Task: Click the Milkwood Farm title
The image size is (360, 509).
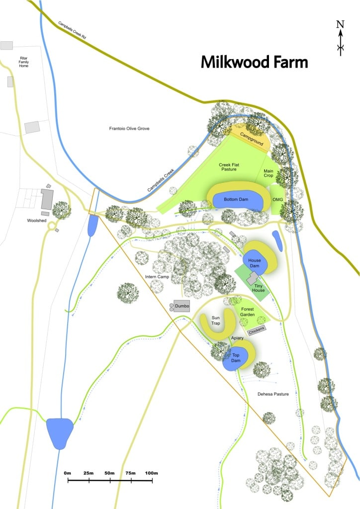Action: [254, 63]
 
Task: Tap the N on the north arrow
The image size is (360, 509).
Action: [340, 24]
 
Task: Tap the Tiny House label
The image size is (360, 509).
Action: [258, 287]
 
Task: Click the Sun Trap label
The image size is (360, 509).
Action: [216, 320]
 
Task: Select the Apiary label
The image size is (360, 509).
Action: [237, 338]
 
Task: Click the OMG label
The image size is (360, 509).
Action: [277, 199]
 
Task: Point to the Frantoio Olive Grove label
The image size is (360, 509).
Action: [129, 129]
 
